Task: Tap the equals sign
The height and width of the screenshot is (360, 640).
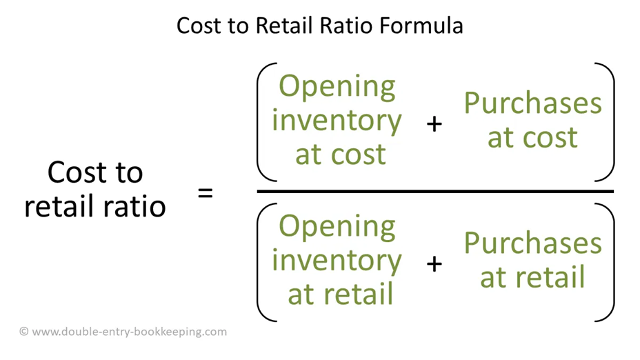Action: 206,192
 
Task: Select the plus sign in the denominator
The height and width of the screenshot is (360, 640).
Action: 434,263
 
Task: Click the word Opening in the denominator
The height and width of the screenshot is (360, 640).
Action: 337,227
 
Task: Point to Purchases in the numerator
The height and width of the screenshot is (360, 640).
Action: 532,103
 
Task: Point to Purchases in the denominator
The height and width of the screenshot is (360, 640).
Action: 532,243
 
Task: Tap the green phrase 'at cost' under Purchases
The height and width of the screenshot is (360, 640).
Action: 532,137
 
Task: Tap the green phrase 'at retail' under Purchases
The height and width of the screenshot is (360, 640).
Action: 532,277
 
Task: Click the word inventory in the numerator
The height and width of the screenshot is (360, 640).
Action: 337,121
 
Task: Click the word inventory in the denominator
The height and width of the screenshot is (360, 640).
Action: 337,260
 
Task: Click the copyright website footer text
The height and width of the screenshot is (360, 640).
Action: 123,332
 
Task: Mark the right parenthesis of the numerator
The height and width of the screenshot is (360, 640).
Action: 608,121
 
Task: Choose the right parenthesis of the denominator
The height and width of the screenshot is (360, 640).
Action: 608,263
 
